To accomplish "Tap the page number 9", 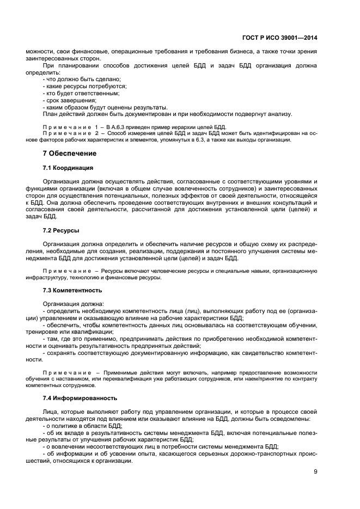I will point(315,471).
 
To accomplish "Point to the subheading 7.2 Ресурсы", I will point(61,230).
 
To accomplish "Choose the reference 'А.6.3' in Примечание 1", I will point(118,126).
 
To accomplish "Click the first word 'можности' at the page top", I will point(37,51).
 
